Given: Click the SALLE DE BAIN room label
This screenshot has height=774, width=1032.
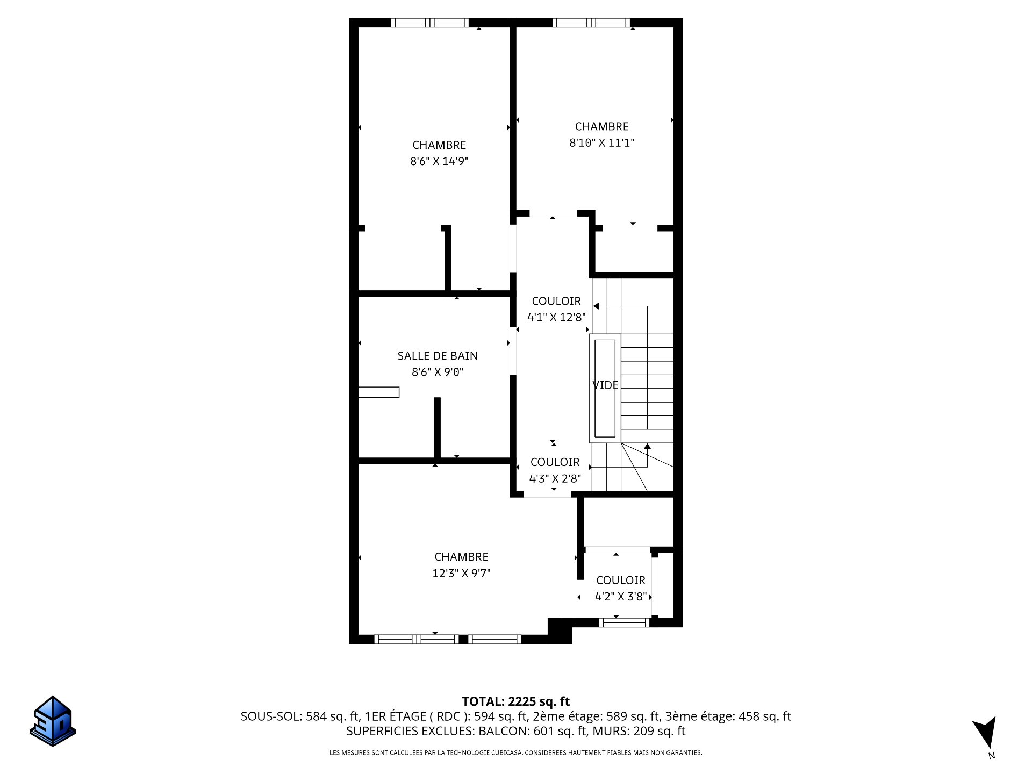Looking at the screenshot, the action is tap(438, 355).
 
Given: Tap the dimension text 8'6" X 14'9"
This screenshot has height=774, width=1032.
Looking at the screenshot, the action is tap(440, 161).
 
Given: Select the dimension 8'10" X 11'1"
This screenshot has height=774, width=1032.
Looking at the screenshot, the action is tap(602, 143).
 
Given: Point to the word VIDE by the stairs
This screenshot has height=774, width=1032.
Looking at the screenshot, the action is tap(605, 385).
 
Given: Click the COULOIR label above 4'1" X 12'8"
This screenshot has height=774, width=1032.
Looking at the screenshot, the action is tap(556, 301).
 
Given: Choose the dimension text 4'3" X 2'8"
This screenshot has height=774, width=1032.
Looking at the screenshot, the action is tap(555, 478).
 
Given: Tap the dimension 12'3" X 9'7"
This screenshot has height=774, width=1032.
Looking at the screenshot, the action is tap(462, 574).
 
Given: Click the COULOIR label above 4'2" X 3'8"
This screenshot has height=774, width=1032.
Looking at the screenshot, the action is tap(621, 580).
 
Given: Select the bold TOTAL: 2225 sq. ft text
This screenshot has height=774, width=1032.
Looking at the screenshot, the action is tap(516, 701).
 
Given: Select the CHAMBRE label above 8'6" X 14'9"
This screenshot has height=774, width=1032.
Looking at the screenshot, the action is tap(439, 145).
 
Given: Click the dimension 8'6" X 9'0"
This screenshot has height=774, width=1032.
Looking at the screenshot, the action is tap(438, 372).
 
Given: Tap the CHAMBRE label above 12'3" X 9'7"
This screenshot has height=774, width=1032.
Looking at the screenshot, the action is tap(462, 557).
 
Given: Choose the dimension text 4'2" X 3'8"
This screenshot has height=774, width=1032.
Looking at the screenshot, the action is tap(621, 597).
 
